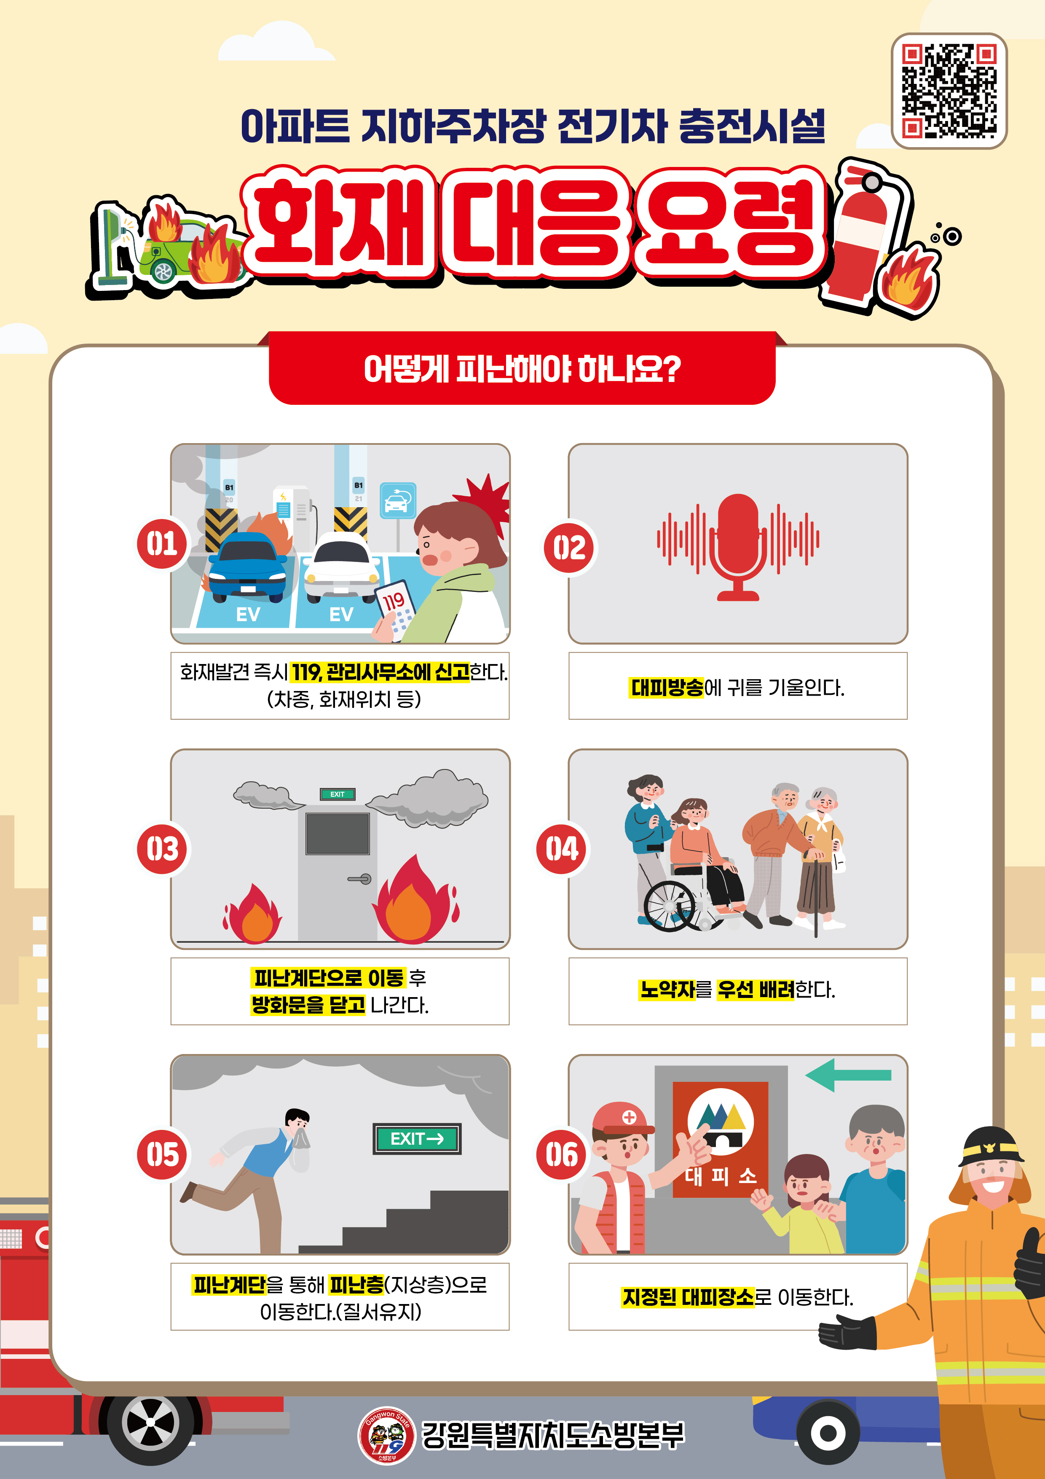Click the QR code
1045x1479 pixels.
[949, 91]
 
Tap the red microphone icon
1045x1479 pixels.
[738, 546]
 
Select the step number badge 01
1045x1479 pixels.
[162, 544]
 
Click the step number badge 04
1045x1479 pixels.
[561, 849]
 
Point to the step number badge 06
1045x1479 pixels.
[561, 1154]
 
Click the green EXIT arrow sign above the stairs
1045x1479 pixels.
[417, 1138]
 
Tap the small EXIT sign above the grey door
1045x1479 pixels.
[338, 794]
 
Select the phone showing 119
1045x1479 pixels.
[394, 610]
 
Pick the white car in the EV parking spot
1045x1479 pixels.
[341, 567]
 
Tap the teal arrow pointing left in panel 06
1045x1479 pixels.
[848, 1074]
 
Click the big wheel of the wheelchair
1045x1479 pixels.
[669, 906]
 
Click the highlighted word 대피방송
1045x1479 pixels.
[667, 687]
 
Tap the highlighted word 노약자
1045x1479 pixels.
[667, 990]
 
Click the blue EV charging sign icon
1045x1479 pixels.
[398, 500]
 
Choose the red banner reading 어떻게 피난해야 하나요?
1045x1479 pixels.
[522, 368]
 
